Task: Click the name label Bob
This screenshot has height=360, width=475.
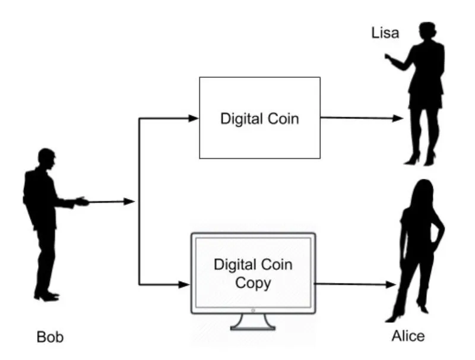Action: (50, 337)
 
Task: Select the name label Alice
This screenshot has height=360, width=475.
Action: (408, 336)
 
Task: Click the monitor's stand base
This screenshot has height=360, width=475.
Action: (252, 325)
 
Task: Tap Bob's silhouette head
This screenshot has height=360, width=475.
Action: (46, 157)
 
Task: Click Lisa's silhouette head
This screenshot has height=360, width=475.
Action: (427, 31)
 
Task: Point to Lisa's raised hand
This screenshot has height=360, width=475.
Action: (389, 58)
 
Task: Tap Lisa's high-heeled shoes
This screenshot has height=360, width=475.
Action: (419, 159)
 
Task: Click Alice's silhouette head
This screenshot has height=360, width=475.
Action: (423, 191)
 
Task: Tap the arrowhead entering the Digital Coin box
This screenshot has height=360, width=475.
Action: (194, 118)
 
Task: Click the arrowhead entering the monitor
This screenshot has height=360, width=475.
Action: (185, 285)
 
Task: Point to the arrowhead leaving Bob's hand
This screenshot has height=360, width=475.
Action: (130, 201)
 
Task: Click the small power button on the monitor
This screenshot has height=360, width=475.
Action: (252, 310)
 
